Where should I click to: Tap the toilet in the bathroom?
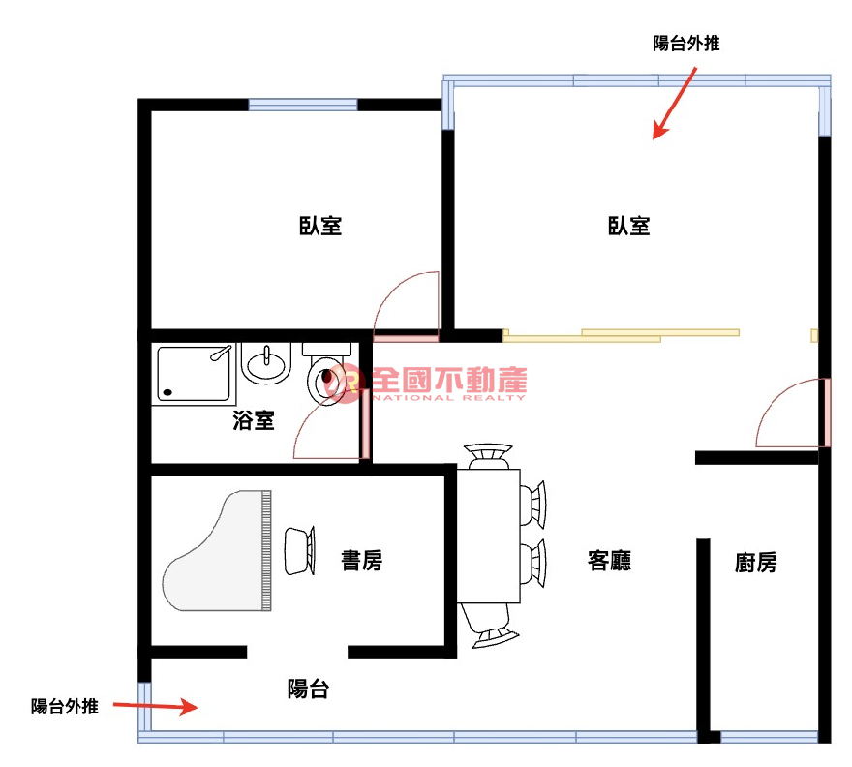click(326, 374)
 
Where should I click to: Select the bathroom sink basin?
click(266, 362)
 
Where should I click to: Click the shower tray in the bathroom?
click(194, 374)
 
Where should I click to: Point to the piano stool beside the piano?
click(300, 551)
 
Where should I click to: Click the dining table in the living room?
click(489, 536)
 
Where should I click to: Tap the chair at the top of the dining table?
click(488, 456)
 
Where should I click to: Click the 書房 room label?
click(362, 561)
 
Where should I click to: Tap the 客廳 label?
click(609, 561)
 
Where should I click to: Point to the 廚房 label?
click(756, 563)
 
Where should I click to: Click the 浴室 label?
click(254, 420)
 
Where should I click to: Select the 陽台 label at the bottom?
click(308, 689)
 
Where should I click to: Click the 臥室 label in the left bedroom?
click(320, 226)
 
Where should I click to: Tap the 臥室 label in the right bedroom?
click(629, 226)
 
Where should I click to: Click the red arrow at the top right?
click(674, 103)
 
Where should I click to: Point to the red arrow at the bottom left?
click(156, 706)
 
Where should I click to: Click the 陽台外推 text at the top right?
click(686, 44)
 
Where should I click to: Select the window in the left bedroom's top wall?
click(303, 105)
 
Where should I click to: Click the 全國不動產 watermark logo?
click(425, 383)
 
